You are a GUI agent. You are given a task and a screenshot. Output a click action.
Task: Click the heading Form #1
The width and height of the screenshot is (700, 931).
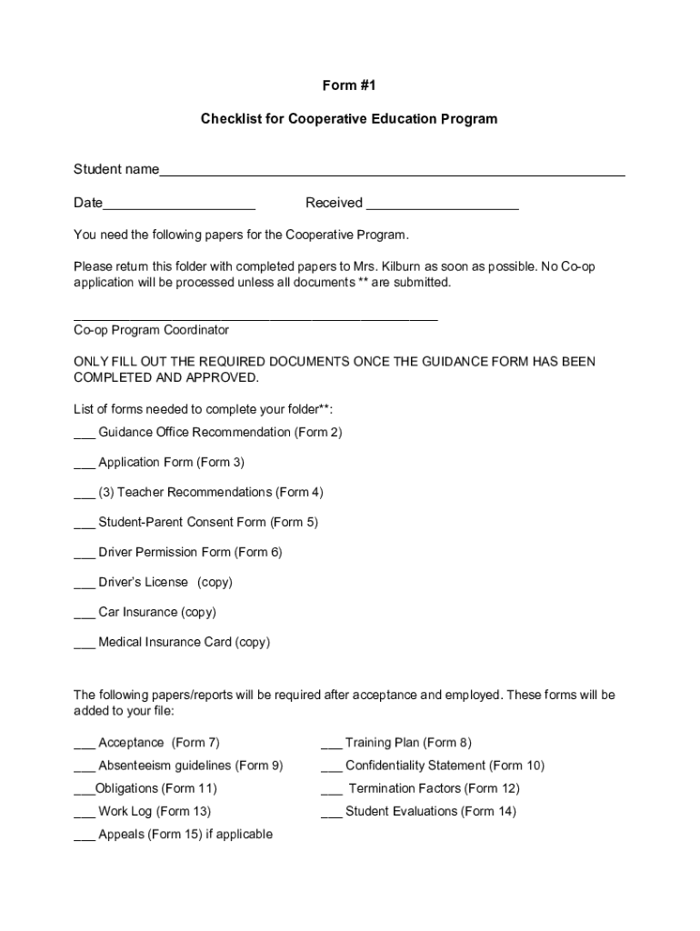point(349,85)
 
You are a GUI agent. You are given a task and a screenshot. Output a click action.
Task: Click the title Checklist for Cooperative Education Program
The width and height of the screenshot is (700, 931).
point(349,119)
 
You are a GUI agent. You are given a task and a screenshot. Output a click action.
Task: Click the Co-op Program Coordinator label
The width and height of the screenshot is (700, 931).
point(151,330)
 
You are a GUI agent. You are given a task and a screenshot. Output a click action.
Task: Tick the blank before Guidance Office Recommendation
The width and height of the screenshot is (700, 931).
point(85,434)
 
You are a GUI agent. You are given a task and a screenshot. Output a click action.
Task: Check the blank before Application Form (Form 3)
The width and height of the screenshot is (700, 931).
point(85,464)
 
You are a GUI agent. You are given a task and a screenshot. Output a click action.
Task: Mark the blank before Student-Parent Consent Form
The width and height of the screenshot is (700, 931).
point(85,524)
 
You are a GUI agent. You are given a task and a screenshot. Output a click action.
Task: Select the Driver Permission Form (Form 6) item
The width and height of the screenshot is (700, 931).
point(190,553)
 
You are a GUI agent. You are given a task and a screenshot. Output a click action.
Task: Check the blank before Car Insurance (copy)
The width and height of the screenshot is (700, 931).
point(85,614)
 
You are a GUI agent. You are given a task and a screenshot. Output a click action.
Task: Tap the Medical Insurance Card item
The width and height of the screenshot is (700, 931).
point(184,643)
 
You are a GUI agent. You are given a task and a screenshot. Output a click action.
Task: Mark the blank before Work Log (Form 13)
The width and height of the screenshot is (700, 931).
point(85,813)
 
